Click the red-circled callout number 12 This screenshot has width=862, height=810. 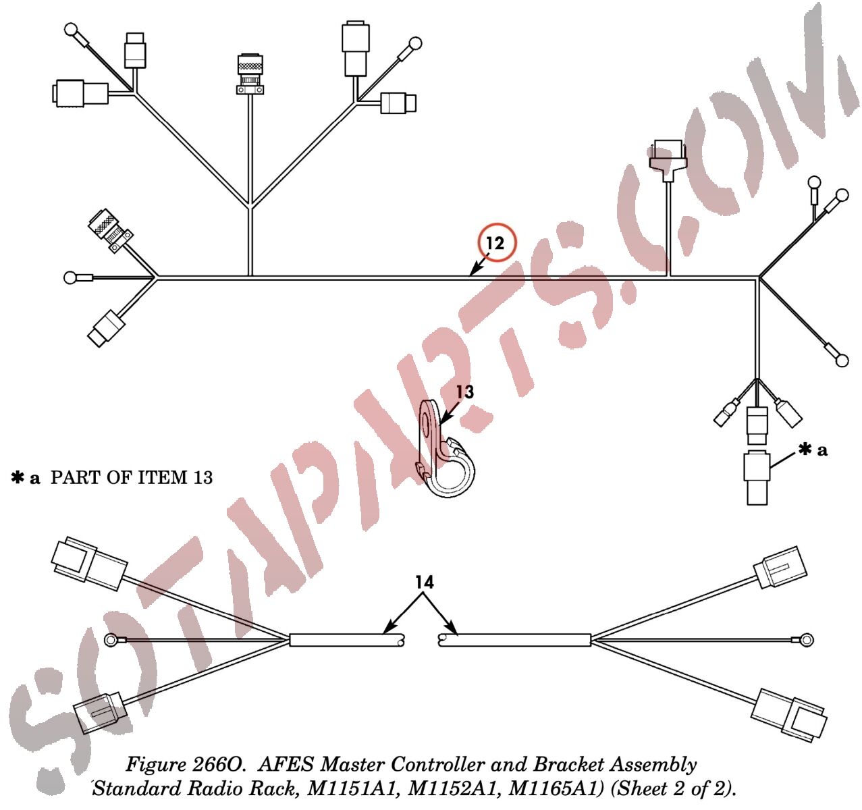pyautogui.click(x=495, y=243)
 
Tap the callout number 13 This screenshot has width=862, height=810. pyautogui.click(x=465, y=392)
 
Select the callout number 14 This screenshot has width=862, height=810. pyautogui.click(x=424, y=582)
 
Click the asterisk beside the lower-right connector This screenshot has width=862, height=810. pyautogui.click(x=805, y=450)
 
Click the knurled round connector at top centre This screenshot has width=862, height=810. pyautogui.click(x=250, y=74)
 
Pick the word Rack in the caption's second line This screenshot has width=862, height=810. pyautogui.click(x=275, y=788)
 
